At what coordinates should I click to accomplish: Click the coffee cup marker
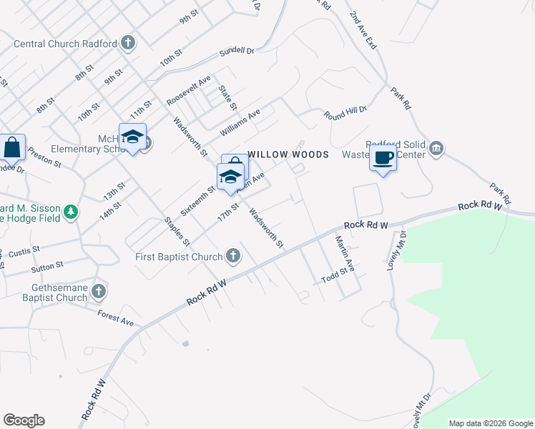click(383, 158)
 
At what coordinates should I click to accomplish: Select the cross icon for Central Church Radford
click(128, 44)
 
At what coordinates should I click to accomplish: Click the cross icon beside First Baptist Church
click(232, 255)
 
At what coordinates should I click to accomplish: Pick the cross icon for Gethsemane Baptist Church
click(99, 291)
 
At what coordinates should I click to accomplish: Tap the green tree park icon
click(70, 212)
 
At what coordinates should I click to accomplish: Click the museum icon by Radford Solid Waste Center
click(436, 149)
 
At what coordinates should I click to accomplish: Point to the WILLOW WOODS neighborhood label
click(288, 154)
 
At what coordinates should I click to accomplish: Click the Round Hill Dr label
click(345, 112)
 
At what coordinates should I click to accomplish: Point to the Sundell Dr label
click(237, 51)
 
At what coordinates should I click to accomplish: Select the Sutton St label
click(48, 269)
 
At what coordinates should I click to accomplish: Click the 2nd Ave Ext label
click(363, 29)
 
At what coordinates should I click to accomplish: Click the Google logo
click(24, 420)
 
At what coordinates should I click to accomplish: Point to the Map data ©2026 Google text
click(491, 423)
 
